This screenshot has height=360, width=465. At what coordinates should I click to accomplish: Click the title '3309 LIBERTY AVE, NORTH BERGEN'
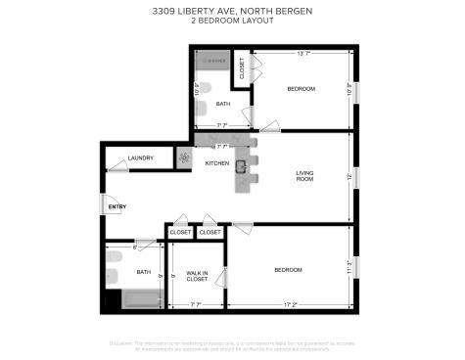point(232,12)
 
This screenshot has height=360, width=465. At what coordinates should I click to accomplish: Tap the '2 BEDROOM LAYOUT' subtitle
point(232,21)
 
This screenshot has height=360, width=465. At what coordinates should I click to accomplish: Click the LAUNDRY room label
point(141,158)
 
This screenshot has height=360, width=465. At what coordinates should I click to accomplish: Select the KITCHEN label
point(216,162)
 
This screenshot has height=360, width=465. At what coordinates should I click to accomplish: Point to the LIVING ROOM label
point(304,177)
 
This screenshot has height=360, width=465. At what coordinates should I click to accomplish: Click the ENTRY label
point(117,206)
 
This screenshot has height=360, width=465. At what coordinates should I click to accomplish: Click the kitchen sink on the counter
point(240,166)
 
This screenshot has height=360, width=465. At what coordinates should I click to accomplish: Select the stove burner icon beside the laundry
point(183,157)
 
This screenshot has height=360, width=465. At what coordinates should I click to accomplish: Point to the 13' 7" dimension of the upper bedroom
point(304,54)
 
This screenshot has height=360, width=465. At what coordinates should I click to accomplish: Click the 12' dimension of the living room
point(349,177)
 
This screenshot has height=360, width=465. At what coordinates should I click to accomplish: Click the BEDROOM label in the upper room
point(301,89)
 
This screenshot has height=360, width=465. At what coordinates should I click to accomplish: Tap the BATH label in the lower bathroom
point(144,271)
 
